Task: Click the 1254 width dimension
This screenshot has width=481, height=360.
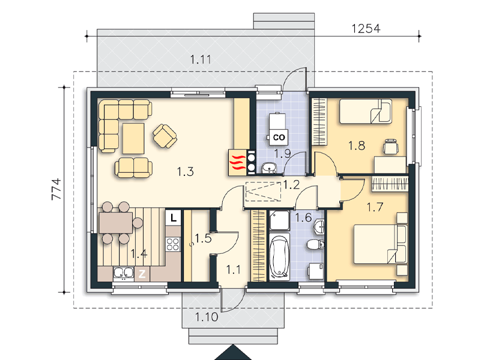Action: coord(366,28)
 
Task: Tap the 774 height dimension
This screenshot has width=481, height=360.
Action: coord(56,189)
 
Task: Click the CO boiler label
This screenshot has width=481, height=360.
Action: coord(279,137)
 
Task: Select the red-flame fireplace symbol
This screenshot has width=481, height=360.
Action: coord(237,163)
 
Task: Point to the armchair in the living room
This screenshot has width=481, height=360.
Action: coord(165,136)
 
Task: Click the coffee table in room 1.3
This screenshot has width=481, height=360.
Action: coord(133,138)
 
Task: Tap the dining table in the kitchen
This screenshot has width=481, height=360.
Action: coord(116,223)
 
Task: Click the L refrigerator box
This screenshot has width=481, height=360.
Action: coord(174,218)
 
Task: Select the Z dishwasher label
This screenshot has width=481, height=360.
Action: coord(142,274)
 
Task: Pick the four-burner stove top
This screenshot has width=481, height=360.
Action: coord(173,244)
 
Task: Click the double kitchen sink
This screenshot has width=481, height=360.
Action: coord(124,272)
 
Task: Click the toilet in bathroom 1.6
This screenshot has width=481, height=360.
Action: coord(315,244)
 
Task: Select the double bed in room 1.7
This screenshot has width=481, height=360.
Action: coord(380,244)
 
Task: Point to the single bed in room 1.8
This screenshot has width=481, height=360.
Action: coord(366,111)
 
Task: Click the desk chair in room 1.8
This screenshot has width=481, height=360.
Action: coord(390,146)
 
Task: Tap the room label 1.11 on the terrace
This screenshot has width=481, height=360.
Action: coord(201,59)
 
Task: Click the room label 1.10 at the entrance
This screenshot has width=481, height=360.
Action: coord(207,317)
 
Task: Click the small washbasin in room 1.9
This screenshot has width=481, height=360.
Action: coord(270,167)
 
